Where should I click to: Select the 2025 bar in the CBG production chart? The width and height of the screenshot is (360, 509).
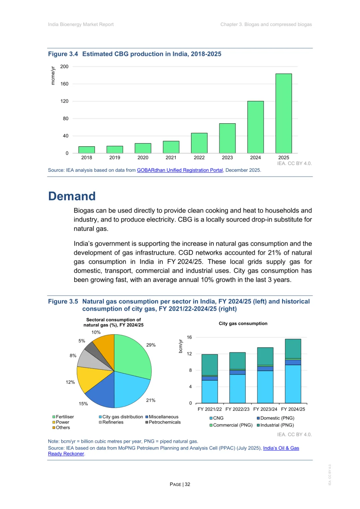(x=284, y=113)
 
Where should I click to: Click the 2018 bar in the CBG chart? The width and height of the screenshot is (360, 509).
(x=87, y=150)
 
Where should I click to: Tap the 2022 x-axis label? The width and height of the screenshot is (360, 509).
(x=199, y=158)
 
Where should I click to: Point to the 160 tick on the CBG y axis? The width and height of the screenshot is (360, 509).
(x=64, y=84)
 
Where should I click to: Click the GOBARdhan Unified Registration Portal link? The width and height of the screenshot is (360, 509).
(x=180, y=170)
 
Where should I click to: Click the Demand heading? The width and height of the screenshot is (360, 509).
(x=72, y=196)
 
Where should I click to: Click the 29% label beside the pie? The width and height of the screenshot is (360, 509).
(x=151, y=345)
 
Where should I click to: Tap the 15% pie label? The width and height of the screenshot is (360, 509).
(x=83, y=404)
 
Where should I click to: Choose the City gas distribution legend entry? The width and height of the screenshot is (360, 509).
(x=121, y=417)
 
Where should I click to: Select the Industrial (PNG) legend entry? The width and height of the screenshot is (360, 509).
(x=275, y=425)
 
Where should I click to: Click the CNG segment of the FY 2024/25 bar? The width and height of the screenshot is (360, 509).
(x=293, y=384)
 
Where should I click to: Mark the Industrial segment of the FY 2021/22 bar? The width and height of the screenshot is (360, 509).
(x=210, y=365)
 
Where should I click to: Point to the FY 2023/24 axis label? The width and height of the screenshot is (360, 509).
(x=265, y=409)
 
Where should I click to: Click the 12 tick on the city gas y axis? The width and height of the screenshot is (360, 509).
(x=189, y=354)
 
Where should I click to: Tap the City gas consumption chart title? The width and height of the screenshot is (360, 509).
(x=243, y=324)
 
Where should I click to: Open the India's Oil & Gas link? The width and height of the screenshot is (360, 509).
(x=281, y=448)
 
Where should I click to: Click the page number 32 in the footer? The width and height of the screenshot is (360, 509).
(x=188, y=484)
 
